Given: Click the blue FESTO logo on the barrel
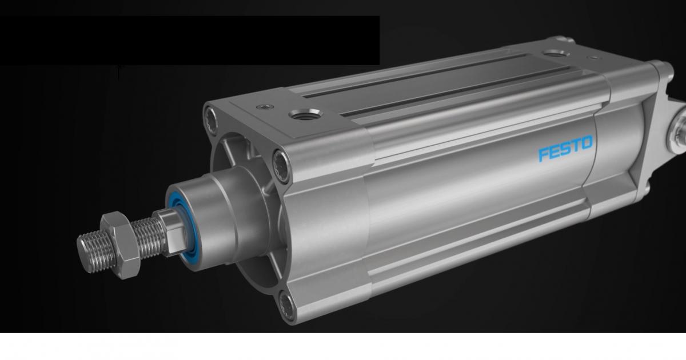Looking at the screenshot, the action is coord(565,149).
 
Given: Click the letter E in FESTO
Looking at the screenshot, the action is coord(555,152).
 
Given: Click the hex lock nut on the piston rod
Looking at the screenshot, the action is coord(121,245).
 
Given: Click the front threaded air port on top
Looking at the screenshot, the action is coord(306,115).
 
